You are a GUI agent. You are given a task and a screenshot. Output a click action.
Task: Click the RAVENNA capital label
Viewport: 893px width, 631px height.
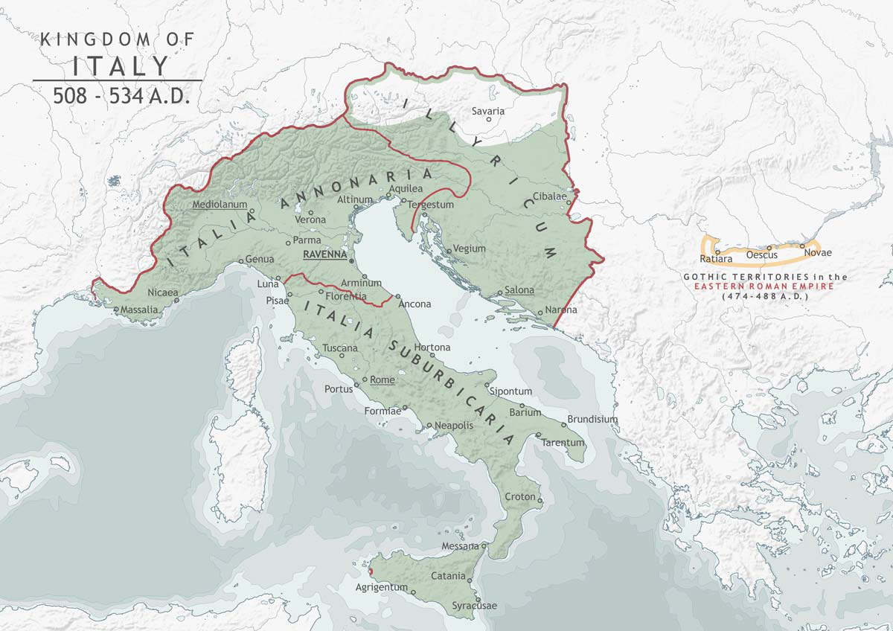(x=325, y=254)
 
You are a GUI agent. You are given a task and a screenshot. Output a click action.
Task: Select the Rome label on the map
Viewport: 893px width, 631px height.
(x=383, y=379)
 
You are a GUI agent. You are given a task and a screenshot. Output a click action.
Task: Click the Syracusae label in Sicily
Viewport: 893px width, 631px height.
(x=475, y=606)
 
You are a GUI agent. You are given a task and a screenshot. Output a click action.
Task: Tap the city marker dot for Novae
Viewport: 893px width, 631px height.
(x=802, y=246)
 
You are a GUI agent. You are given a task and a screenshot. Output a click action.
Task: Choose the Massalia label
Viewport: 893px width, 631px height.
(x=138, y=309)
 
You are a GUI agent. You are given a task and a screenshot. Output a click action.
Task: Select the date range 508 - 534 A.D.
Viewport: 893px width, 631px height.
(x=121, y=95)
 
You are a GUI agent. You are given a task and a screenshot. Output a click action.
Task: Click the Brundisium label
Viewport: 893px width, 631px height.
(x=592, y=419)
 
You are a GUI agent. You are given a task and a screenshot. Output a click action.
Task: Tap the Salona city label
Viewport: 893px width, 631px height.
(x=519, y=290)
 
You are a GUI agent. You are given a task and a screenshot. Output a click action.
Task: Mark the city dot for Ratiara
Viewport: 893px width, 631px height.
(x=717, y=252)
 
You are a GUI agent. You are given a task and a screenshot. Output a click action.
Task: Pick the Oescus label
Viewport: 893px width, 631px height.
(x=761, y=255)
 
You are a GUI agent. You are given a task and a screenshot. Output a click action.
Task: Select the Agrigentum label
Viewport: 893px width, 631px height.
(x=383, y=587)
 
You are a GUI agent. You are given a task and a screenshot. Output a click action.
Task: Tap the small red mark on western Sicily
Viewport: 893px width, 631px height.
(x=371, y=571)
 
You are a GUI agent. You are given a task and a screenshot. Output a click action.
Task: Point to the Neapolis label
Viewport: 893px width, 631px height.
(x=454, y=425)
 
